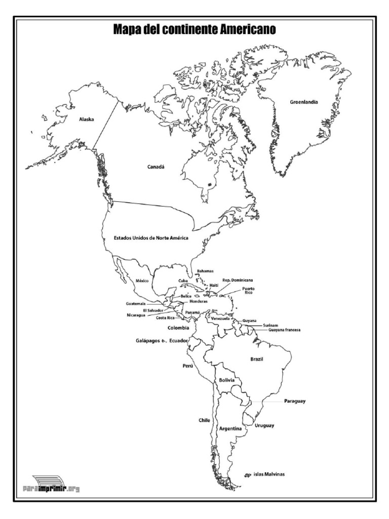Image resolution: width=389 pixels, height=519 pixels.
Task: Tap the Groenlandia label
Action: (x=304, y=102)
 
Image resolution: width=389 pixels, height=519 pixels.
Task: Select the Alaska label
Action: (x=87, y=120)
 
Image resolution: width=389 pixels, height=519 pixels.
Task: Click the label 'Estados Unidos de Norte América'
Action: (x=151, y=237)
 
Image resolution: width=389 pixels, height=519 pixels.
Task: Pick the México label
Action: (x=142, y=280)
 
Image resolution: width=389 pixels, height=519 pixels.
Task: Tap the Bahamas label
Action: (x=205, y=271)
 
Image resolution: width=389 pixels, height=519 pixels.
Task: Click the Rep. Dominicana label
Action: (x=238, y=280)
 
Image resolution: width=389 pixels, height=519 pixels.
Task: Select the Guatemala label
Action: (x=136, y=304)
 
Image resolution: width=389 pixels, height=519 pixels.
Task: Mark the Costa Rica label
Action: (x=165, y=318)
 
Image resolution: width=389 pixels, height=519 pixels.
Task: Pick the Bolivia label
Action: (x=226, y=380)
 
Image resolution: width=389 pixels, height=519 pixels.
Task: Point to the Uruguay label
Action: (x=264, y=425)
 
